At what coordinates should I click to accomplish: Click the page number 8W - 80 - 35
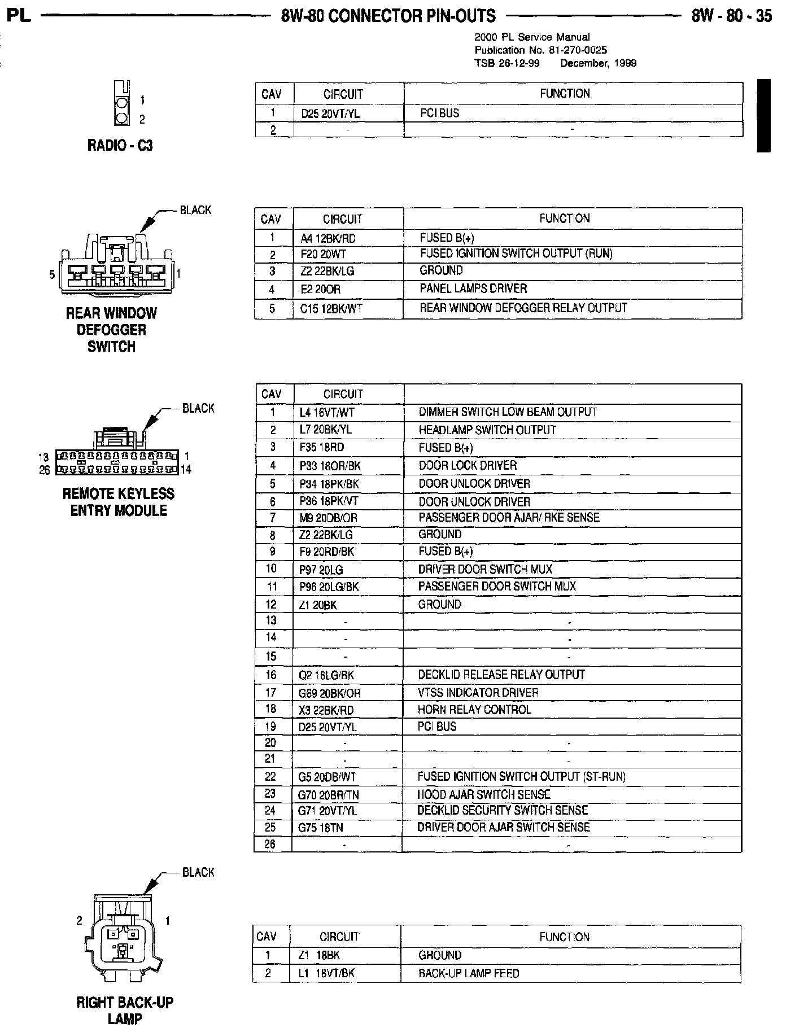pyautogui.click(x=731, y=16)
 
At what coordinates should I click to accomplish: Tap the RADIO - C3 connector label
pyautogui.click(x=120, y=146)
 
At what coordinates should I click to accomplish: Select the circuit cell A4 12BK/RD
pyautogui.click(x=328, y=238)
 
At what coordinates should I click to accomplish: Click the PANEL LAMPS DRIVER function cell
pyautogui.click(x=473, y=288)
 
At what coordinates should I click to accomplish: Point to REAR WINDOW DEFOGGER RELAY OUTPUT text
pyautogui.click(x=523, y=308)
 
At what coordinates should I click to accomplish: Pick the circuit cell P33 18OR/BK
pyautogui.click(x=330, y=466)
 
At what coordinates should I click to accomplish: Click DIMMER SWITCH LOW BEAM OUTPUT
pyautogui.click(x=507, y=412)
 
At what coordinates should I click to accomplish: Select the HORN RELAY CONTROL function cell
pyautogui.click(x=474, y=710)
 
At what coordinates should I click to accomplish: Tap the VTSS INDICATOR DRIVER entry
pyautogui.click(x=478, y=693)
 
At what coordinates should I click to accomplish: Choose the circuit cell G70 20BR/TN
pyautogui.click(x=328, y=795)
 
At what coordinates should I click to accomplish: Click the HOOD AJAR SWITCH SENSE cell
pyautogui.click(x=483, y=794)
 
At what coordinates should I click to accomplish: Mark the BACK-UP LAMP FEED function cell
pyautogui.click(x=469, y=973)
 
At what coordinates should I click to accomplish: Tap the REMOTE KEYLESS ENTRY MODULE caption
pyautogui.click(x=119, y=502)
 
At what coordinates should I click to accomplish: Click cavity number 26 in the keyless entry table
pyautogui.click(x=270, y=844)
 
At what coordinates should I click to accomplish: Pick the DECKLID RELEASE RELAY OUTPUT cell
pyautogui.click(x=501, y=675)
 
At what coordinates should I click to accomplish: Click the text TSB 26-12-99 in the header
pyautogui.click(x=506, y=63)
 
